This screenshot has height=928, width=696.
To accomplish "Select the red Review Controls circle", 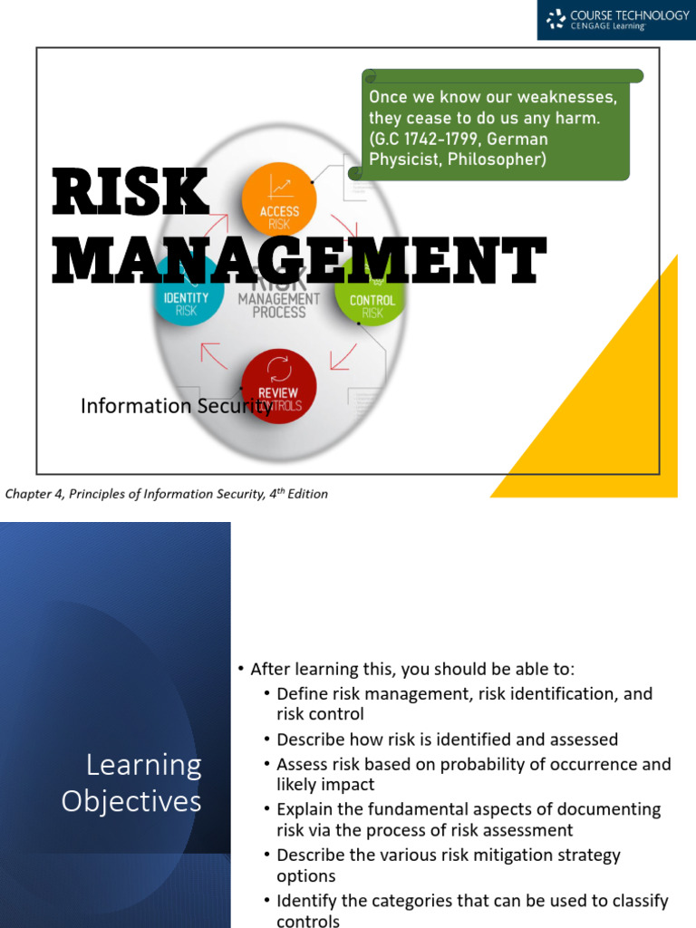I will point(279,386).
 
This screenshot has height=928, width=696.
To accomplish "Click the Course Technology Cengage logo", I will point(616,20).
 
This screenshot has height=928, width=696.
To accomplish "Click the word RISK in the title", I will point(130,191).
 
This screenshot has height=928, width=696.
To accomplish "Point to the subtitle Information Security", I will point(176,406).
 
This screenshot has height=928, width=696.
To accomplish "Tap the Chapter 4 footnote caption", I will point(167,494).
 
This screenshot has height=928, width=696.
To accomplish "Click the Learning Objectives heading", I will point(132,783).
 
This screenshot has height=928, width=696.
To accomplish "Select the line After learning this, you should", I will point(412,669).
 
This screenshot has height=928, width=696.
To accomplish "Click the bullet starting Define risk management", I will point(464,703).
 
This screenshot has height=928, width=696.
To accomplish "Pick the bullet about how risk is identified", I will point(448,739).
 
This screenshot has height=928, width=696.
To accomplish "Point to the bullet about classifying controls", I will point(472,910).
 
